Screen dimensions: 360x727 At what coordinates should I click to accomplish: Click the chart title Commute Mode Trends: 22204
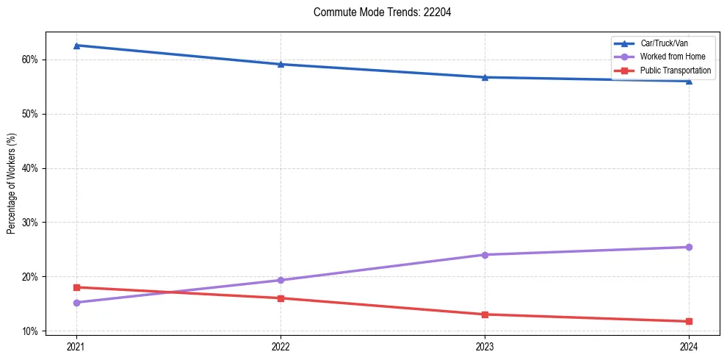[x=377, y=12]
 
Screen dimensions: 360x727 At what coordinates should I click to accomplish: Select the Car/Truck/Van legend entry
[x=664, y=43]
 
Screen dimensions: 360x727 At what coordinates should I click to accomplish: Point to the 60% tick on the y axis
[x=32, y=60]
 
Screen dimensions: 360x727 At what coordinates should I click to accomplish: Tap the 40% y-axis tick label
[x=32, y=168]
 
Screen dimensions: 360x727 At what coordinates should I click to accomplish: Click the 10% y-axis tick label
[x=32, y=331]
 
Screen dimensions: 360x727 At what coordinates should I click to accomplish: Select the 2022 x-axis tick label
[x=281, y=346]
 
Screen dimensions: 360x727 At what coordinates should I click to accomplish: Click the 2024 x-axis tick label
[x=689, y=346]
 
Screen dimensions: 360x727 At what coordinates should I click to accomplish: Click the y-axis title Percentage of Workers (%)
[x=12, y=184]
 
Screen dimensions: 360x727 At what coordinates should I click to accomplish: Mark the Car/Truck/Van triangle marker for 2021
[x=76, y=46]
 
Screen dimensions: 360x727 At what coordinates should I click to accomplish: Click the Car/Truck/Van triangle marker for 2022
[x=281, y=64]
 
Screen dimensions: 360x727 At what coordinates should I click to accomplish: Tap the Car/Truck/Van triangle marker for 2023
[x=485, y=77]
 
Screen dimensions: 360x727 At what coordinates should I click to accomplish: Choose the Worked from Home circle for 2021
[x=76, y=303]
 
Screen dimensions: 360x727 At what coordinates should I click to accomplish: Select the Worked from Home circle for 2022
[x=281, y=280]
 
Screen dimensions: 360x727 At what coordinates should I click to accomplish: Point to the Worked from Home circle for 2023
[x=485, y=255]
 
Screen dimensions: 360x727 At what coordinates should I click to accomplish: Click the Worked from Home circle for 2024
[x=689, y=247]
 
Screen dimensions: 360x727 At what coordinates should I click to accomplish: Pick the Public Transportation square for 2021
[x=76, y=287]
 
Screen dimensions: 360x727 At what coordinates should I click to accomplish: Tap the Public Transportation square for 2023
[x=485, y=314]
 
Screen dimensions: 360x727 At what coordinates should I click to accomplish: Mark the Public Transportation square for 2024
[x=689, y=321]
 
